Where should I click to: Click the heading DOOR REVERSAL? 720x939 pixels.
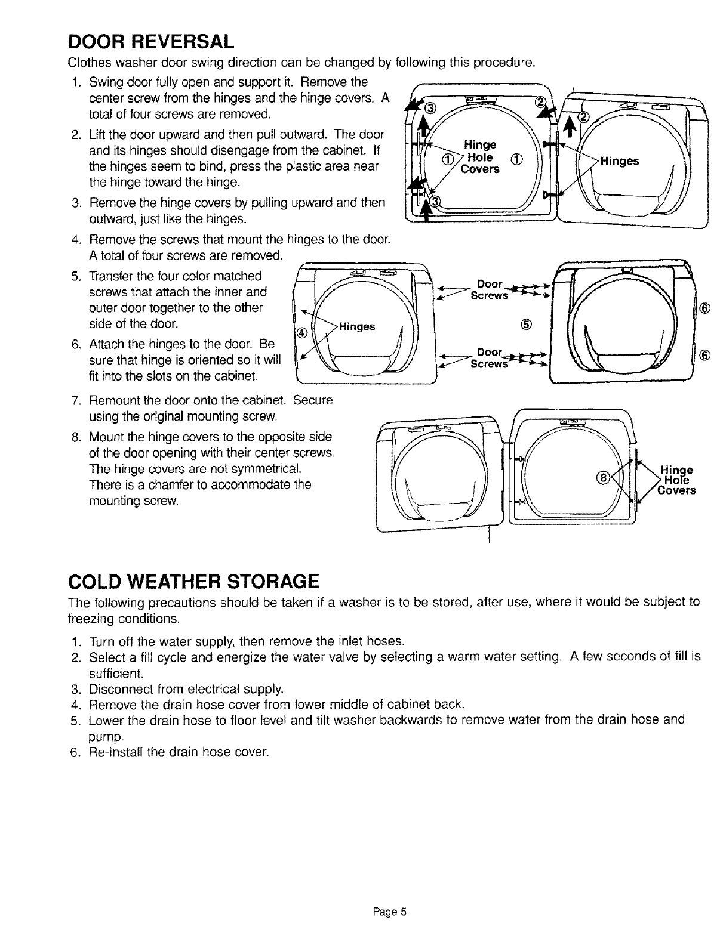[150, 42]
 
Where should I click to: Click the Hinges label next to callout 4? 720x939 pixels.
[357, 326]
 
